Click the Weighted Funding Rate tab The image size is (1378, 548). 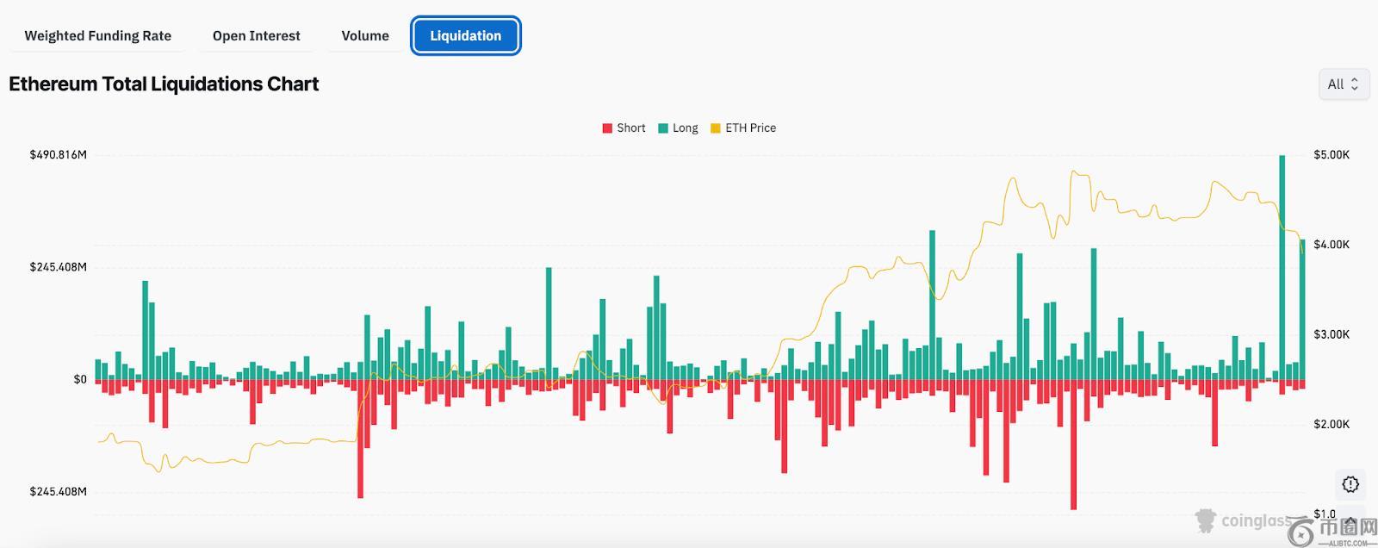pos(97,36)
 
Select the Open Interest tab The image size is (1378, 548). pos(256,36)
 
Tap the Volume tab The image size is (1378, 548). pos(365,36)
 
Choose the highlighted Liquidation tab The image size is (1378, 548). pos(465,36)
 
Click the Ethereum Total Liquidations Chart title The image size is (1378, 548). pos(164,84)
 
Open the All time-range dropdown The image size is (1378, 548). pos(1343,84)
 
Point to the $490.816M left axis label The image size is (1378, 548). pos(58,155)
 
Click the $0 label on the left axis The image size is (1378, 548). pos(80,379)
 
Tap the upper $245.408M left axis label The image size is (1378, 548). pos(58,267)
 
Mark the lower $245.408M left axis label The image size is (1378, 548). pos(58,492)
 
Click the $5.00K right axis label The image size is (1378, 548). pos(1331,155)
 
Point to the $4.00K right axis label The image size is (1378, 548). pos(1331,245)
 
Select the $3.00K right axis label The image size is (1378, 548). pos(1331,334)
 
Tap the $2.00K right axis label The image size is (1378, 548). pos(1331,424)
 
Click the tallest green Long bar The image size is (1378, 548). pos(1282,267)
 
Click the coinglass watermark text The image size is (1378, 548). pos(1256,521)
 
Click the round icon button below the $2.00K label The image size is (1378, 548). pos(1350,484)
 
